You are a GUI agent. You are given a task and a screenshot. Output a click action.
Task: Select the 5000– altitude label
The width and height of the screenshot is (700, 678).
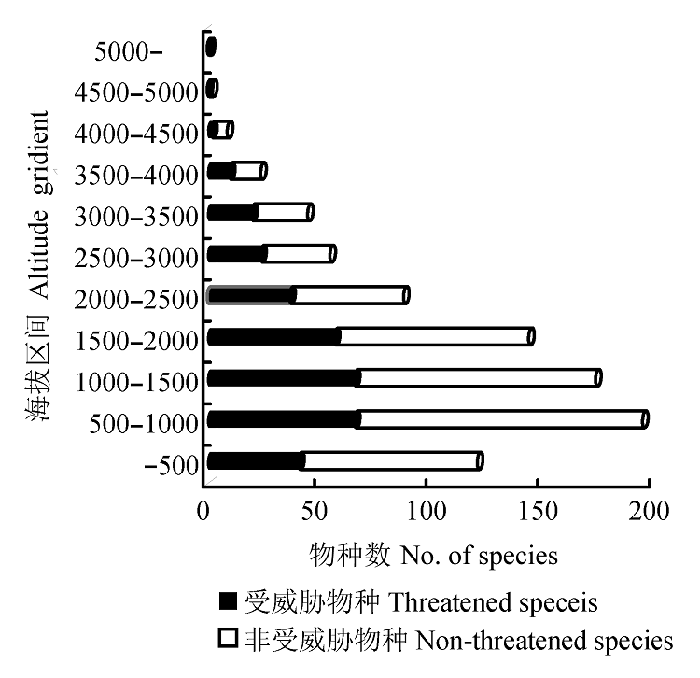129,50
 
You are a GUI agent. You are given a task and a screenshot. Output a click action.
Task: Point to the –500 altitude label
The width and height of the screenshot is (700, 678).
172,465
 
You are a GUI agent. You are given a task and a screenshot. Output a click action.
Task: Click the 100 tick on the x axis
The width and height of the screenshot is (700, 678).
426,511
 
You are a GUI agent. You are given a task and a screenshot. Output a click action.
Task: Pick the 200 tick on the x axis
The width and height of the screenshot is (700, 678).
649,511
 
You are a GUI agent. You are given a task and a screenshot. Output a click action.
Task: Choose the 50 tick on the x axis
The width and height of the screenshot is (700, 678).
315,511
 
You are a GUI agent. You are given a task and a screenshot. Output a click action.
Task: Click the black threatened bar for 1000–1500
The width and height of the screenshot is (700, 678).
283,378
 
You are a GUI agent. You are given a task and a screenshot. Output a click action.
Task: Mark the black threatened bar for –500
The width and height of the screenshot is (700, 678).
254,460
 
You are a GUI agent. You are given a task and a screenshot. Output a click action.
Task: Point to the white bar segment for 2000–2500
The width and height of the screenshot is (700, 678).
350,295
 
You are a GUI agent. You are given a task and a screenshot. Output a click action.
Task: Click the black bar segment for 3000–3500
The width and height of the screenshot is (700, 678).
231,213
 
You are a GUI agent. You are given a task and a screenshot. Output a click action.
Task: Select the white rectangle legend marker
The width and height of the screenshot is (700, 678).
228,641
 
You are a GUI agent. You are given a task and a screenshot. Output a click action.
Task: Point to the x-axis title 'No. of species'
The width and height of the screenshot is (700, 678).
479,557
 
